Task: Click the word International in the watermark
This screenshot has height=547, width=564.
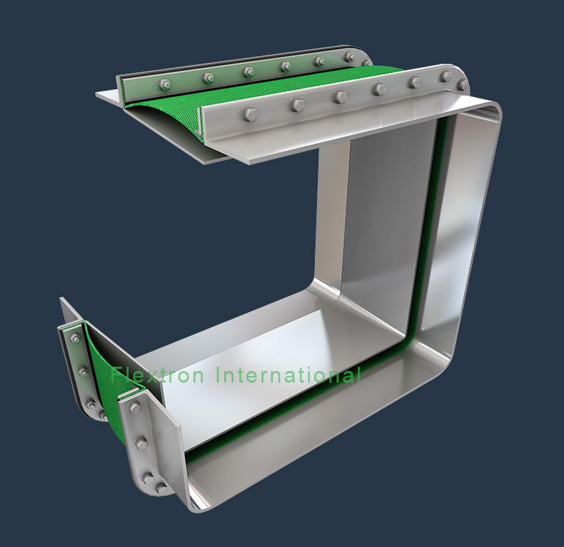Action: point(288,375)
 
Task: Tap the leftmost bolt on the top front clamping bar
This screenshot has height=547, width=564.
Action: point(250,114)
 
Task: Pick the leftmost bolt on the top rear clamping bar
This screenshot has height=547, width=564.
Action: point(166,84)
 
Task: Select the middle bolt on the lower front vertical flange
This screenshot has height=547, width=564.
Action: point(142,443)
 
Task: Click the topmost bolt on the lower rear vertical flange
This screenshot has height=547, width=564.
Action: point(75,337)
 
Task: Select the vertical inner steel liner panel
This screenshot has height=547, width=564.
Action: point(380,219)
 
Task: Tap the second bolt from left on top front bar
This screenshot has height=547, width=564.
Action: point(297,105)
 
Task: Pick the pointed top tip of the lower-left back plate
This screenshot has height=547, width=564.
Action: point(61,299)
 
